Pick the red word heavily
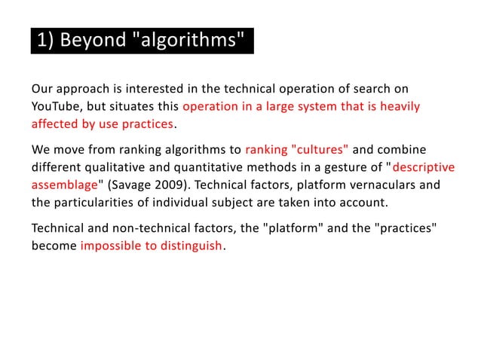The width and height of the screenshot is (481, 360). tap(397, 106)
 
